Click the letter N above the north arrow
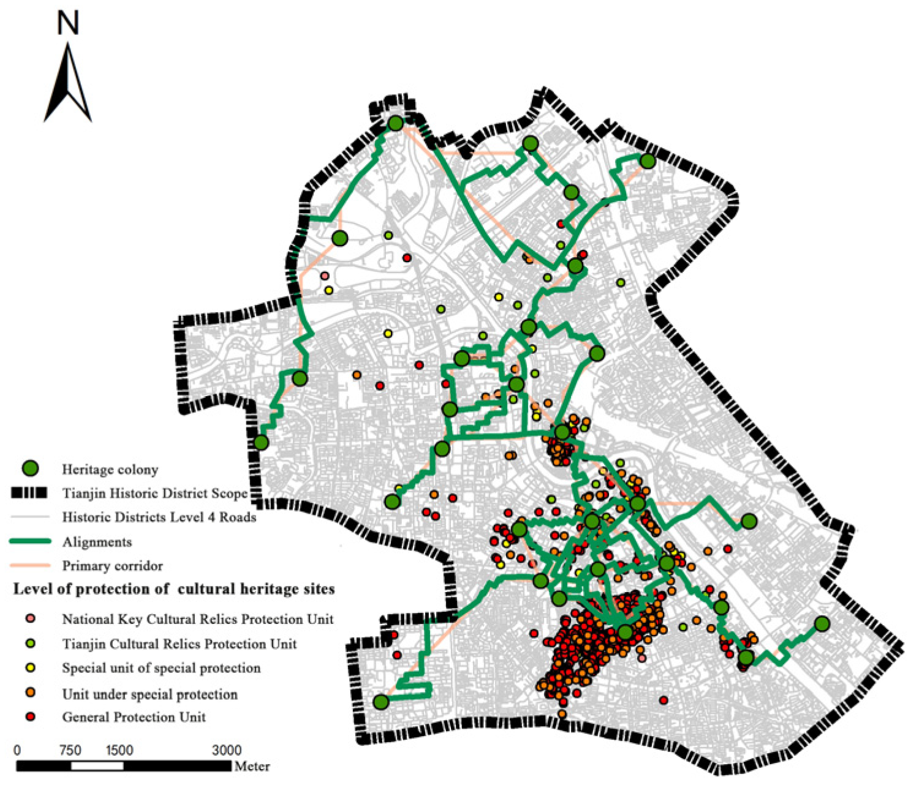[68, 24]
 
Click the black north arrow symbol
[67, 82]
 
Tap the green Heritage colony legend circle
[30, 468]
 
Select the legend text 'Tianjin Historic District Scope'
[154, 493]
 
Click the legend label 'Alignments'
[97, 542]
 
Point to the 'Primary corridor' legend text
[112, 566]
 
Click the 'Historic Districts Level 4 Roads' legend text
[159, 517]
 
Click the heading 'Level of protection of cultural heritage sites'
[174, 589]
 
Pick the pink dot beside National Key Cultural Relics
[30, 618]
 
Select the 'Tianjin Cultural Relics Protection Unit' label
[179, 644]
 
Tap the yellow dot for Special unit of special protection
[30, 667]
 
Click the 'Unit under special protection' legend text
[149, 694]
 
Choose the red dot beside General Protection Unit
[30, 716]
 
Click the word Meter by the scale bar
[252, 766]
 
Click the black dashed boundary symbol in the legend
[30, 493]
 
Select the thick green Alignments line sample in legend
[30, 542]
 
